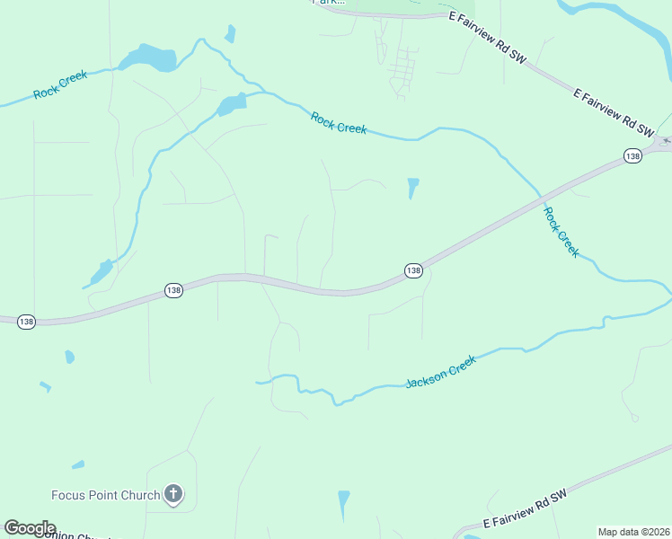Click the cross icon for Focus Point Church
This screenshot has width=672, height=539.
[x=173, y=494]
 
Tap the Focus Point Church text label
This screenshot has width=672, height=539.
[x=105, y=495]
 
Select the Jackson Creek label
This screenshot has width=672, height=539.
[x=440, y=371]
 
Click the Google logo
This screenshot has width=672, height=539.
[x=30, y=528]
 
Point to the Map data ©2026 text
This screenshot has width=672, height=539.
[x=632, y=532]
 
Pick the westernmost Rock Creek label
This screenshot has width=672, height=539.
[x=60, y=85]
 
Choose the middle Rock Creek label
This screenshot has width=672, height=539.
[x=339, y=122]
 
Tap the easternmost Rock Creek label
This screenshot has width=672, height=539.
[x=561, y=232]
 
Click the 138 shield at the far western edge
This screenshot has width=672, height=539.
[x=27, y=322]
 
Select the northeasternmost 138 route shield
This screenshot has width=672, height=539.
[x=632, y=156]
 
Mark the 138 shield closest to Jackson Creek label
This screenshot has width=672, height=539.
[x=412, y=270]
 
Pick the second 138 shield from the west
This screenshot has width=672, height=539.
[x=173, y=290]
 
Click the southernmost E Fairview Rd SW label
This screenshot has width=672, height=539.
[x=526, y=508]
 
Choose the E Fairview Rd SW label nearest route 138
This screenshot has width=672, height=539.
[x=615, y=112]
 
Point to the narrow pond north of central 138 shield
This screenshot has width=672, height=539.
[x=412, y=187]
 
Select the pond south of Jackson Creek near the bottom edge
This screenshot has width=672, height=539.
[x=343, y=503]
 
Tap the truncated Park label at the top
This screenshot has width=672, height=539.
[x=329, y=3]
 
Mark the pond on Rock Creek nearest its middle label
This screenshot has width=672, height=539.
[x=231, y=105]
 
